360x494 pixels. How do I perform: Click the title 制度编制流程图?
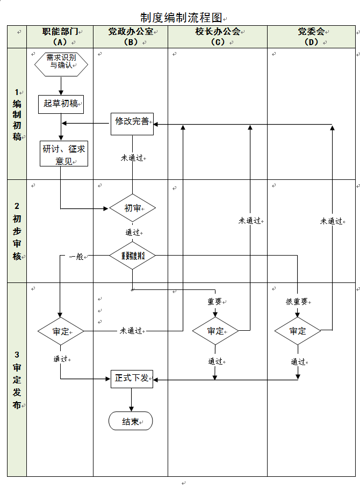180,18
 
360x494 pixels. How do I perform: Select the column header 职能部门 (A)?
60,37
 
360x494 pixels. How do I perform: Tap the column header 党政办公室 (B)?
131,37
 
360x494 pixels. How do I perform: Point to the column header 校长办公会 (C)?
218,37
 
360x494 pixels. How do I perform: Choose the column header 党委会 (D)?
311,37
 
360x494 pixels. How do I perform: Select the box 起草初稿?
61,104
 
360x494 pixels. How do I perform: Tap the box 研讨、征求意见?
64,154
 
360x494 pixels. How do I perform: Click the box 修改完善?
132,122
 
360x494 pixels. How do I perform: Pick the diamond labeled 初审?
132,208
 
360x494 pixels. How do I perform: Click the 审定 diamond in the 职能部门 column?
61,331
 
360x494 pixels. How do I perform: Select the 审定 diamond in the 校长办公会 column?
215,331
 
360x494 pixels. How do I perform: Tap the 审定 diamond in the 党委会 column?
297,331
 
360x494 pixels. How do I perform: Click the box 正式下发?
132,379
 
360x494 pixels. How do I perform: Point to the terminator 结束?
131,422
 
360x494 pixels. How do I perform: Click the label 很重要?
297,302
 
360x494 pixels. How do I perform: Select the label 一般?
77,257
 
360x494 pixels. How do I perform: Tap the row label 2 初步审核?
17,231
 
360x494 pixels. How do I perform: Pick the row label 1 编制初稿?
17,114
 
